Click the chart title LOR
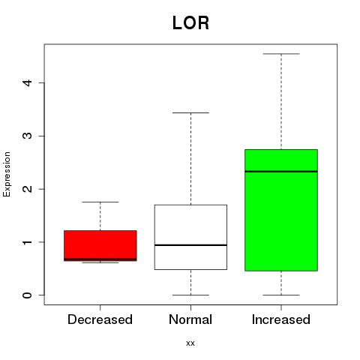pyautogui.click(x=190, y=23)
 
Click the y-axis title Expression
pyautogui.click(x=7, y=174)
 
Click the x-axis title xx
pyautogui.click(x=190, y=343)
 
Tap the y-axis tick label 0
pyautogui.click(x=27, y=295)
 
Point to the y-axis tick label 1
pyautogui.click(x=27, y=242)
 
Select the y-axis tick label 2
pyautogui.click(x=27, y=189)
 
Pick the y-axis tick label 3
pyautogui.click(x=27, y=136)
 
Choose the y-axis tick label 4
pyautogui.click(x=27, y=82)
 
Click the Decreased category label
pyautogui.click(x=100, y=319)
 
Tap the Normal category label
pyautogui.click(x=190, y=319)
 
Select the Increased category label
pyautogui.click(x=281, y=319)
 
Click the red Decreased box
pyautogui.click(x=100, y=245)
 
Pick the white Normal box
pyautogui.click(x=190, y=237)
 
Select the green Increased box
pyautogui.click(x=281, y=210)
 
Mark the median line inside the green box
pyautogui.click(x=281, y=172)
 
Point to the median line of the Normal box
pyautogui.click(x=190, y=245)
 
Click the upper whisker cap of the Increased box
pyautogui.click(x=281, y=54)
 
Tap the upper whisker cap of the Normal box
pyautogui.click(x=190, y=112)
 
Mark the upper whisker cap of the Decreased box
pyautogui.click(x=100, y=202)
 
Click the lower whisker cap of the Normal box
pyautogui.click(x=190, y=295)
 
